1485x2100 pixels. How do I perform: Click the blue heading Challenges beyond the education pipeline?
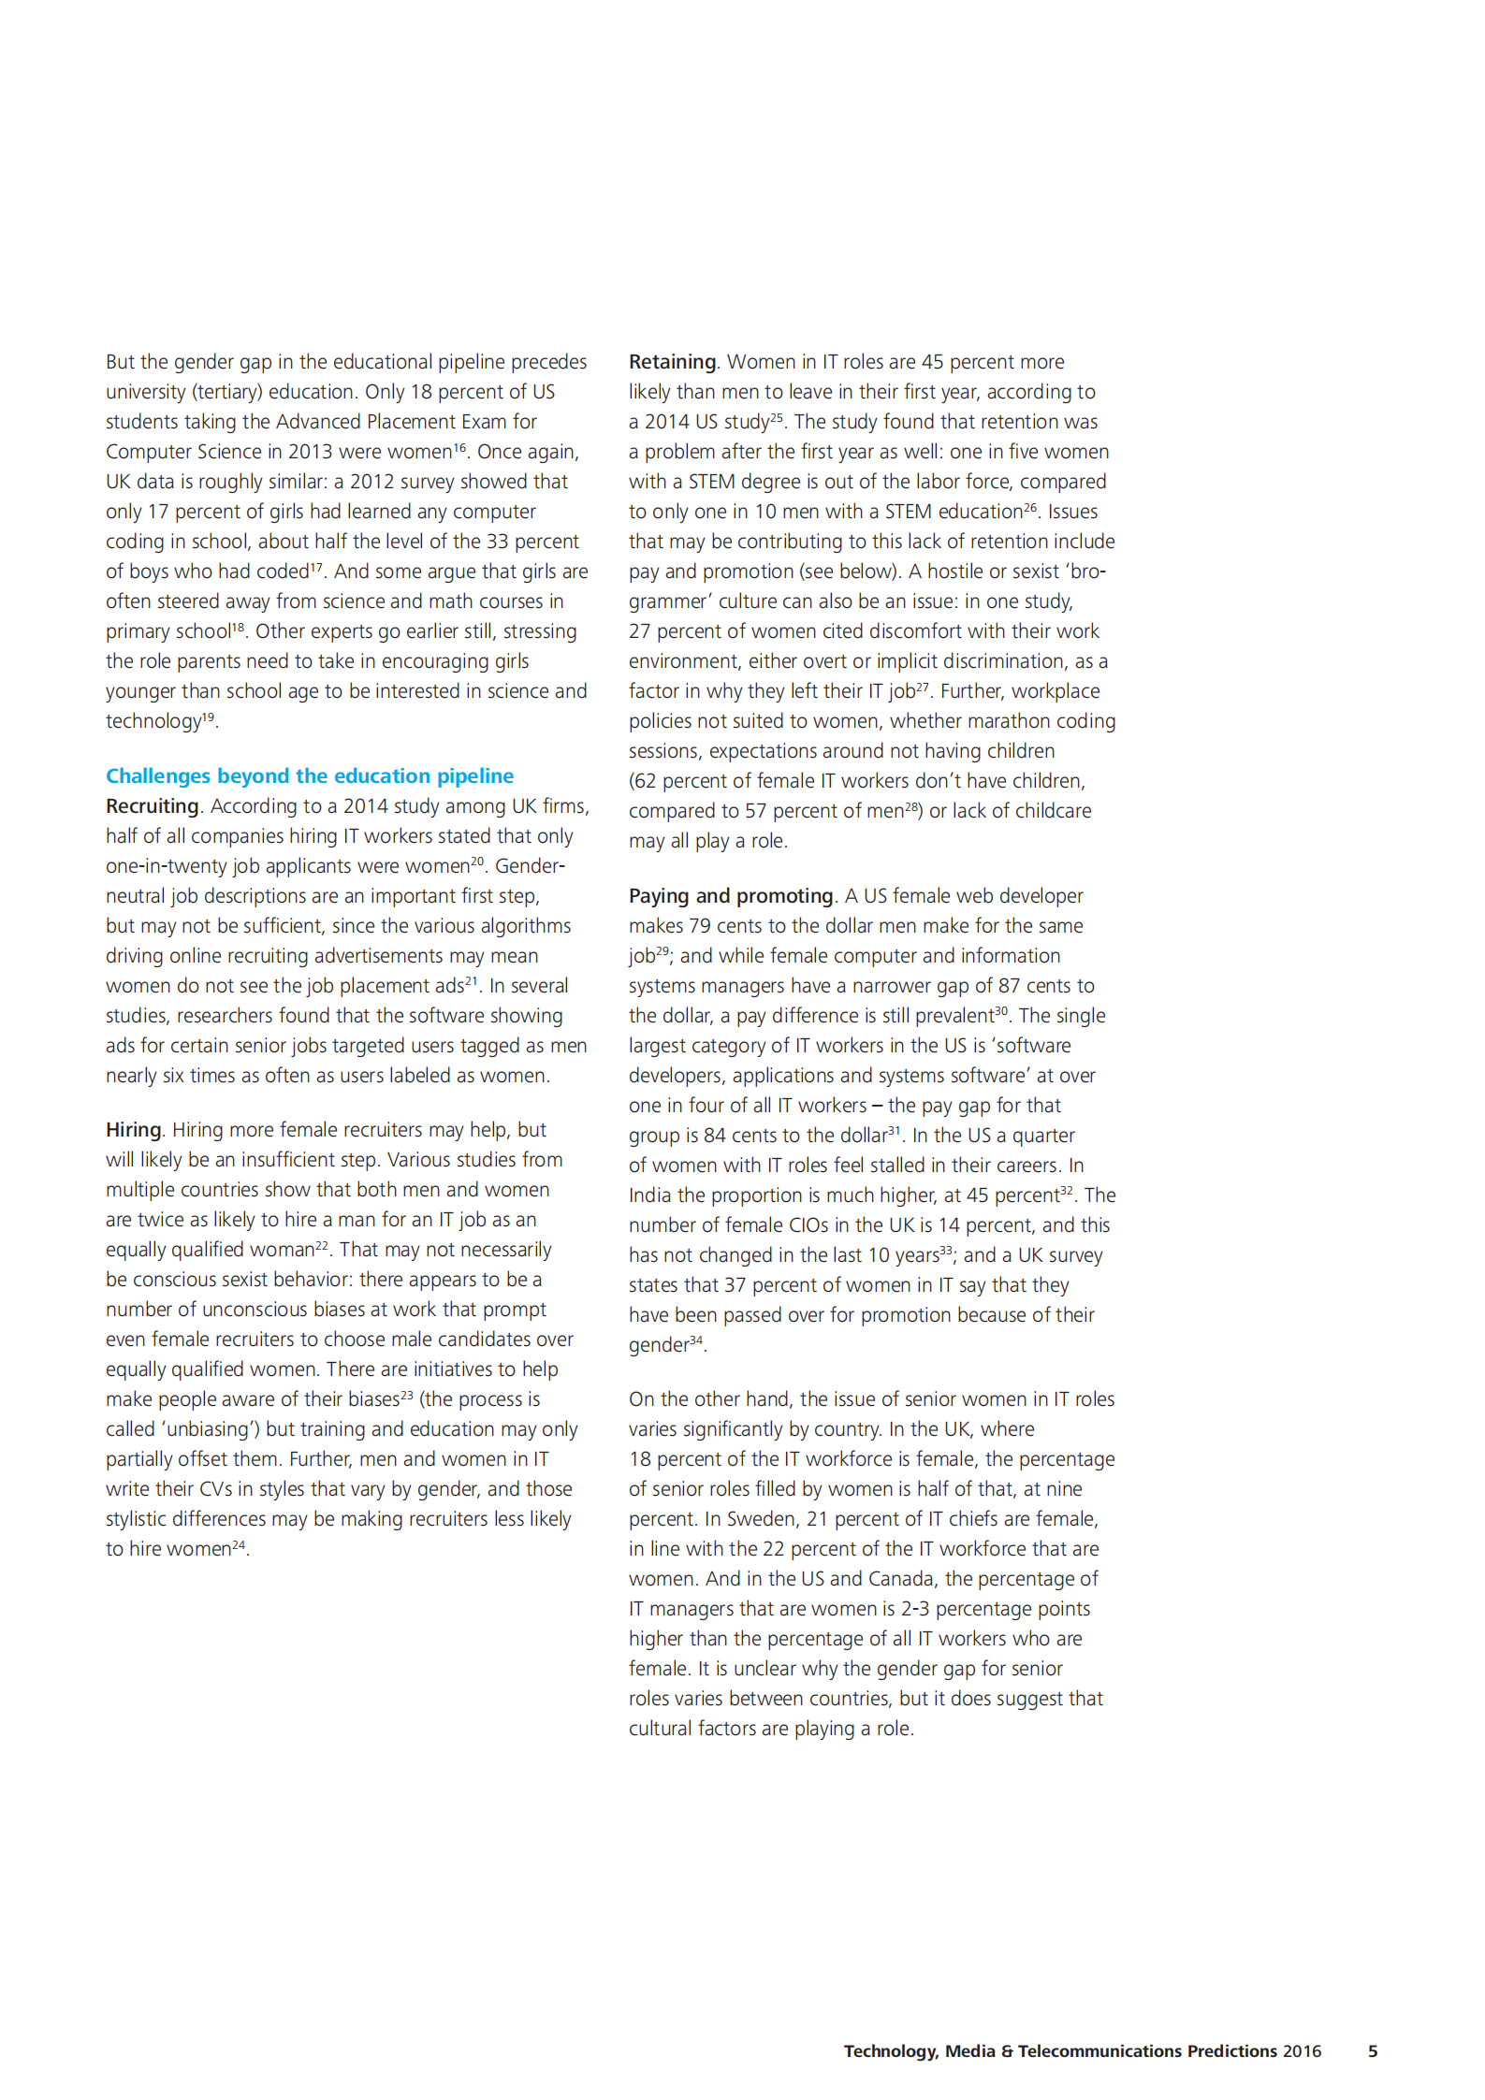[x=309, y=775]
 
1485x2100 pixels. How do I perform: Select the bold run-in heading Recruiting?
[x=152, y=806]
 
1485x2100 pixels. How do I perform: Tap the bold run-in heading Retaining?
[x=672, y=362]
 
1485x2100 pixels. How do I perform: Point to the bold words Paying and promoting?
[x=730, y=896]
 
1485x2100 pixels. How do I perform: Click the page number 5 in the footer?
[x=1373, y=2051]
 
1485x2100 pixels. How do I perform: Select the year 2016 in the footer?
[x=1302, y=2051]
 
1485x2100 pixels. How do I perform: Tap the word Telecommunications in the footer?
[x=1099, y=2051]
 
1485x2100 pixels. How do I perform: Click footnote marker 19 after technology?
[x=209, y=717]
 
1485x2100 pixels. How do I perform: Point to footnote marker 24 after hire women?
[x=239, y=1544]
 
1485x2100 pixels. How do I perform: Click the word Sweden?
[x=762, y=1519]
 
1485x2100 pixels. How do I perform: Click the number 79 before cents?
[x=700, y=926]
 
